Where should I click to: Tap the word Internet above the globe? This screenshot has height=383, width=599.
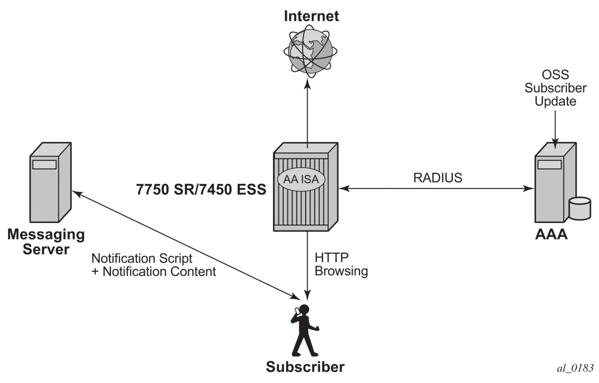311,16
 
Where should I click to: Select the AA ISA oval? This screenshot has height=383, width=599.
301,179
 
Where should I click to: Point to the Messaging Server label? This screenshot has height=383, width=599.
46,242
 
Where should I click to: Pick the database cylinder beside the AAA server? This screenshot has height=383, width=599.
580,209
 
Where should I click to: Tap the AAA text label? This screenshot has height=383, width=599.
551,235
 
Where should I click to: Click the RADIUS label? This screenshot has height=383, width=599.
438,178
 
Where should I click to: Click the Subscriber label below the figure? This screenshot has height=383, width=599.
305,366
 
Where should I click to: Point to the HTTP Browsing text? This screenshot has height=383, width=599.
341,264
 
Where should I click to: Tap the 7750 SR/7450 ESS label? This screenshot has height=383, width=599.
201,189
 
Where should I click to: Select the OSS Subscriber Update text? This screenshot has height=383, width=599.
555,88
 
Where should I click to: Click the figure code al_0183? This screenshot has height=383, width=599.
575,368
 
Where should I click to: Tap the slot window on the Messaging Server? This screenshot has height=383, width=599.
44,164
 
